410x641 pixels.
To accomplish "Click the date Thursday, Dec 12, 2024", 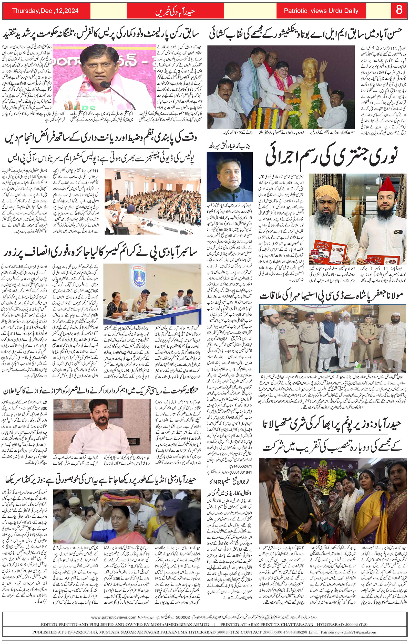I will (x=45, y=11).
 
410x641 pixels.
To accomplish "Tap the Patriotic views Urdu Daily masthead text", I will (x=321, y=11).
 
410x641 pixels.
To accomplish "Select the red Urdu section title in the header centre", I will (x=175, y=12).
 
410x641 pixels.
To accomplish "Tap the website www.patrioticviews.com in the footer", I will (x=114, y=617).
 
